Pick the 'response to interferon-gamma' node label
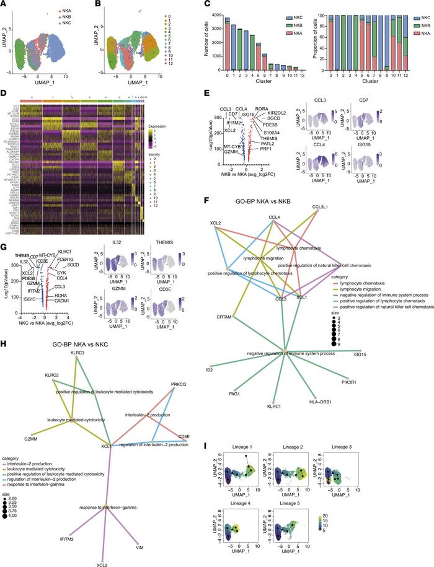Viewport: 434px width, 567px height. tap(105, 490)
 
